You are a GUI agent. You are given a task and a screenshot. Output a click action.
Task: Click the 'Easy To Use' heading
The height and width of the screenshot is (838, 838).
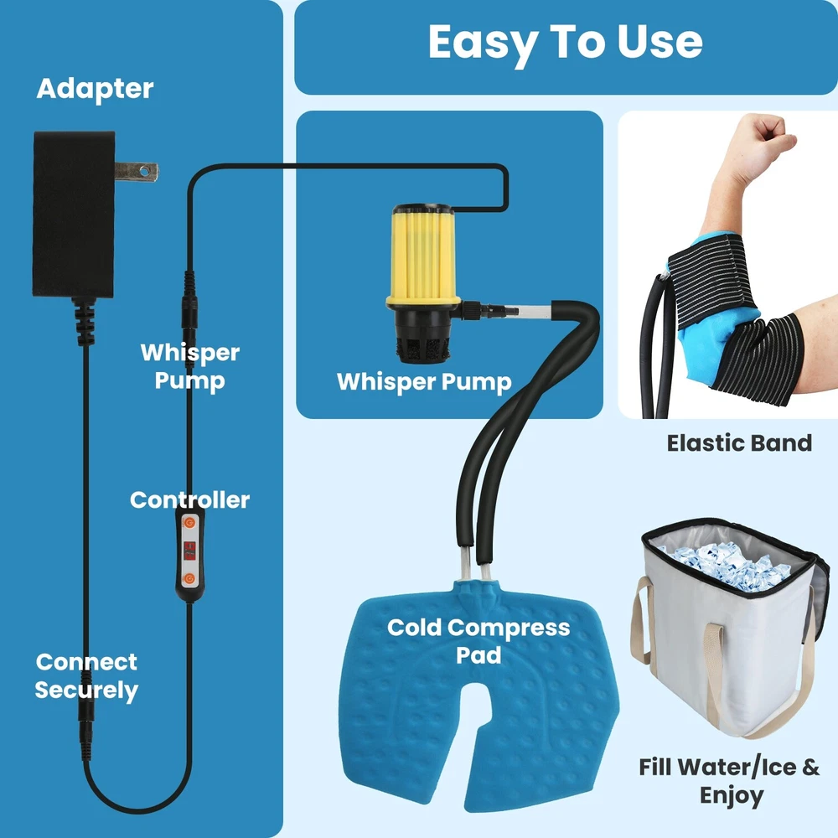click(565, 43)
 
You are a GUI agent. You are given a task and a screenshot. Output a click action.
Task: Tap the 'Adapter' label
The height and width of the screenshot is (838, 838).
click(96, 89)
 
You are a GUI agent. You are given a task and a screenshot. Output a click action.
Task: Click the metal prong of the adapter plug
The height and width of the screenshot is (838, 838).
click(136, 172)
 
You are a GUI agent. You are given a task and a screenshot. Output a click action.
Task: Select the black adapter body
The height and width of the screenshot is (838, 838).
click(74, 215)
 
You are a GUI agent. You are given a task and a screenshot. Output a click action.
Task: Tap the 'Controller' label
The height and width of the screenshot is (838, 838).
click(189, 500)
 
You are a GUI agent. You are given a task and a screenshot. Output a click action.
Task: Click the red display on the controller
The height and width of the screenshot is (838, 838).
click(189, 551)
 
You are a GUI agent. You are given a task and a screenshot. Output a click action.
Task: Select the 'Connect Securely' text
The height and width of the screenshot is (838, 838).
click(86, 676)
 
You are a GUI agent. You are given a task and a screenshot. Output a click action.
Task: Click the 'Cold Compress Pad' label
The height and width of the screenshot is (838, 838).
click(478, 641)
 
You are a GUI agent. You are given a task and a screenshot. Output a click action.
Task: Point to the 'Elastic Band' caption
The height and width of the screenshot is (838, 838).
click(739, 443)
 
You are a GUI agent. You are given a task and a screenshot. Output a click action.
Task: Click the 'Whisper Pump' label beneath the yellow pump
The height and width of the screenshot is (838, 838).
click(424, 383)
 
